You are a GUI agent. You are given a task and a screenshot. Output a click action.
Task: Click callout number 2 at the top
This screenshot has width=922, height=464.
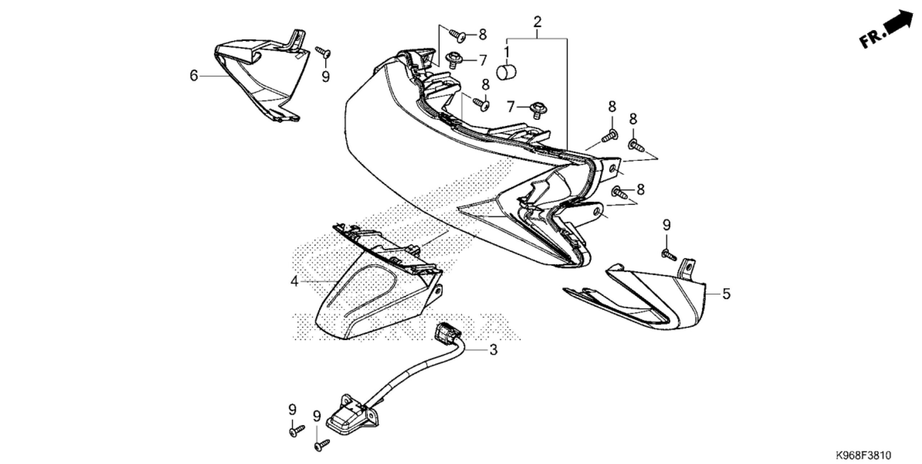click(537, 22)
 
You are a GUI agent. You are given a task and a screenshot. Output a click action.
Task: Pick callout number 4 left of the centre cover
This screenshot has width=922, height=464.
click(295, 281)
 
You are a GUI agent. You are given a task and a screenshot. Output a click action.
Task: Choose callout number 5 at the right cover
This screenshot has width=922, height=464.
click(726, 293)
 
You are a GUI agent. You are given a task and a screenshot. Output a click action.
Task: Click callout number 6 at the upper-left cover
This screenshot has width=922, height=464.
click(194, 76)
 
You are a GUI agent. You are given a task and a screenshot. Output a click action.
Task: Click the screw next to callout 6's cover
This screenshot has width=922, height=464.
click(324, 52)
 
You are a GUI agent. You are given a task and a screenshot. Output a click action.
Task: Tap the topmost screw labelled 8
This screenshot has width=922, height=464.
click(458, 35)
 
